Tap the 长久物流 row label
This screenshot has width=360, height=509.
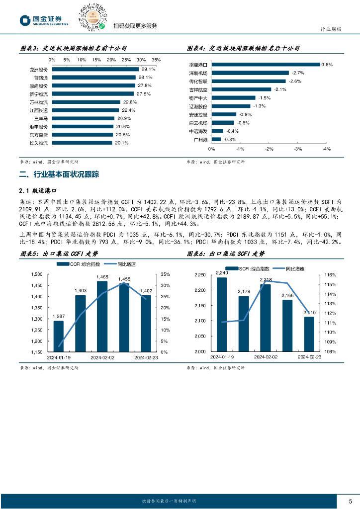39,143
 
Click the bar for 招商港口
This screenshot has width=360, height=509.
266,65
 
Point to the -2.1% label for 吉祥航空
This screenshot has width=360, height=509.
280,89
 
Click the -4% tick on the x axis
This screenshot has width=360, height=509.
327,149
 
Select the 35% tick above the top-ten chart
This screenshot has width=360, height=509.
156,60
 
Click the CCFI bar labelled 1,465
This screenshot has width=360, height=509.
102,317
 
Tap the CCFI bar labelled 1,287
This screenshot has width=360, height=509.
59,336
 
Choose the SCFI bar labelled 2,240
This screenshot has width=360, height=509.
222,314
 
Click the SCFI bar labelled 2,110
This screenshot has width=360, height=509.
309,334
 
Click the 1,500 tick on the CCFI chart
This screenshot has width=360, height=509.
37,274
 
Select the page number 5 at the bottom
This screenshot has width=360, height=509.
350,501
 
